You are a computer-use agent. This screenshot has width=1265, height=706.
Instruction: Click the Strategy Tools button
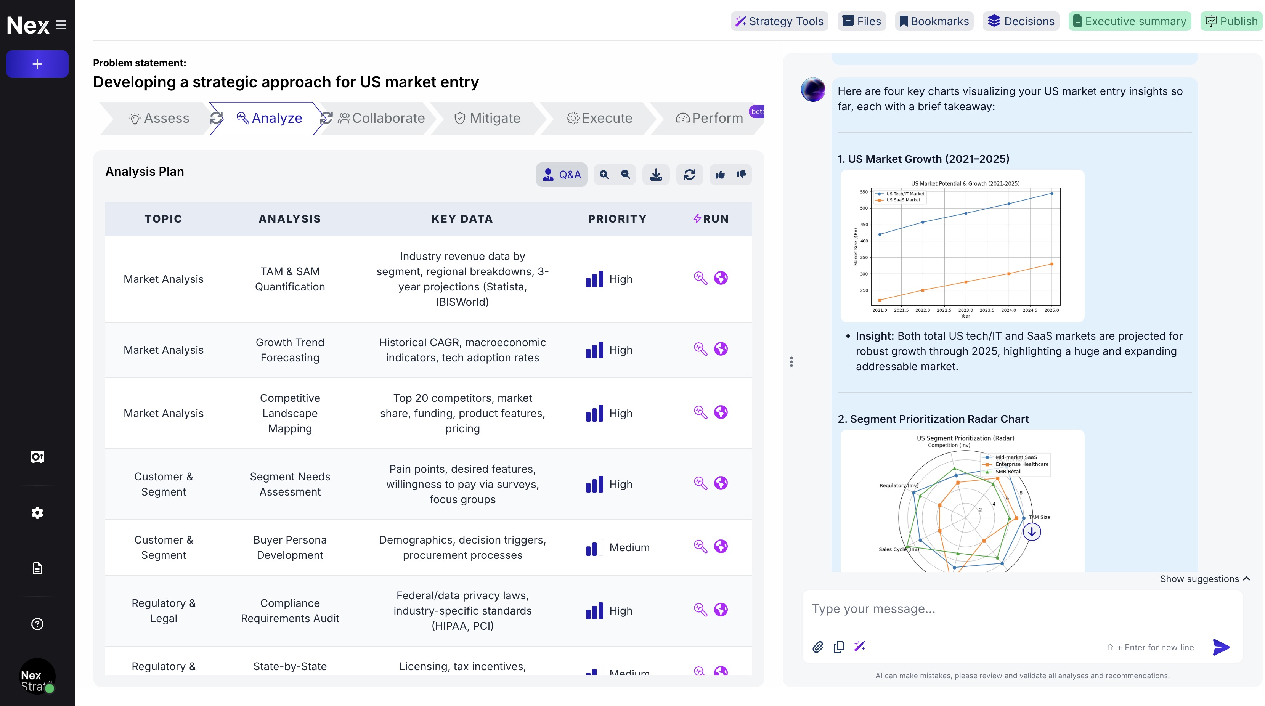779,21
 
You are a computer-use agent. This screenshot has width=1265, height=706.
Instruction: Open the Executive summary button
1129,21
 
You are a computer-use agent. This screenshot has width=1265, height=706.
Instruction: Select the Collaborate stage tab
382,118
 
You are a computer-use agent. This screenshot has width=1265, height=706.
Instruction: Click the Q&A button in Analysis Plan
561,175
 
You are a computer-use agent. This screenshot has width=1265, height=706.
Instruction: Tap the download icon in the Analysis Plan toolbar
656,175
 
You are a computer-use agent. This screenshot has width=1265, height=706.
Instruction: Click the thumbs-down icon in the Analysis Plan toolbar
741,175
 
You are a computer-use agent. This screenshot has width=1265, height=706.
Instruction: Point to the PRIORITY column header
617,219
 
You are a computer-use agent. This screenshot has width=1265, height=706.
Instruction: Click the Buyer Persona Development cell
290,547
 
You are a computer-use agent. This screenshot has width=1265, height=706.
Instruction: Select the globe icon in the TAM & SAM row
721,278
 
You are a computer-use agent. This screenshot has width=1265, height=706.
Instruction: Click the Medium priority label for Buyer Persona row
629,547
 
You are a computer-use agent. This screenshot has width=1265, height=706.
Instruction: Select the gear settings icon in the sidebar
37,513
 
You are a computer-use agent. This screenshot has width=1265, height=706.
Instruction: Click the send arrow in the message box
1221,647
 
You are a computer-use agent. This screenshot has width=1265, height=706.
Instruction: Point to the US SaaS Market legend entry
902,200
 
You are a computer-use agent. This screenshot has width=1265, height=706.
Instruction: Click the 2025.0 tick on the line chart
1051,310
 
